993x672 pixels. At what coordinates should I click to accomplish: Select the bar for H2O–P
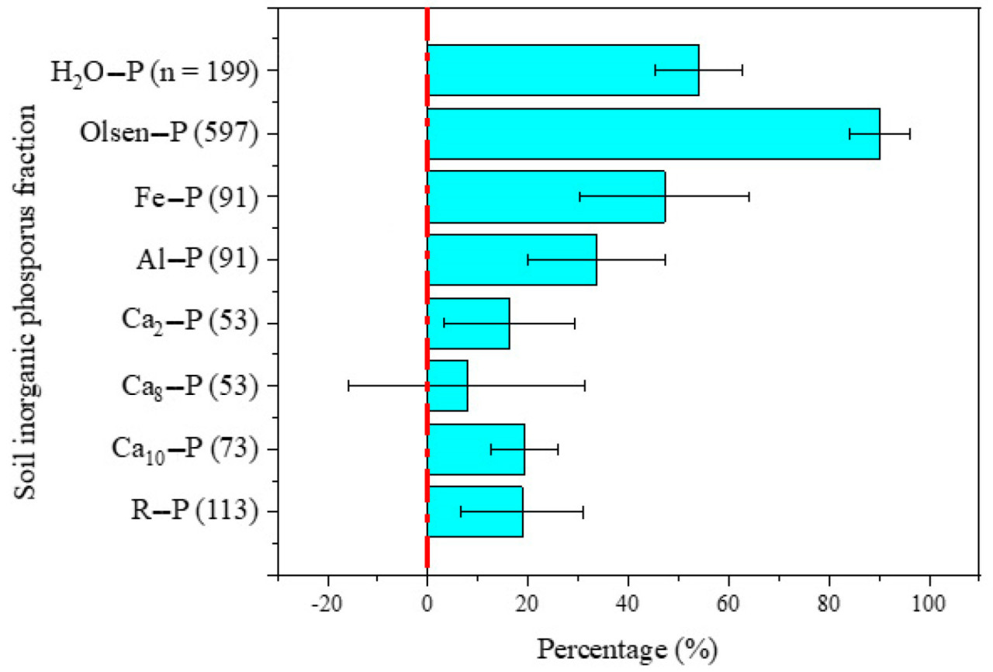pos(562,70)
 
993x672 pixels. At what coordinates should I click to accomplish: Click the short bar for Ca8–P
pos(448,386)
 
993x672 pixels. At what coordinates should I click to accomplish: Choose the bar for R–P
pos(475,511)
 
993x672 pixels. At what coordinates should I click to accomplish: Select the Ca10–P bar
pos(476,449)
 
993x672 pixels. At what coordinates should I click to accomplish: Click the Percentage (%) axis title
pos(627,646)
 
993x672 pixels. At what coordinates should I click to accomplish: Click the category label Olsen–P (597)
pos(168,133)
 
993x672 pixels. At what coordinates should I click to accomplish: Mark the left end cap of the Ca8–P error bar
pos(348,386)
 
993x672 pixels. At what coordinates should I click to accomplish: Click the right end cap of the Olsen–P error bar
pos(910,133)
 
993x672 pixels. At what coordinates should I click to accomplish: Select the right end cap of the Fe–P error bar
pos(749,196)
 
